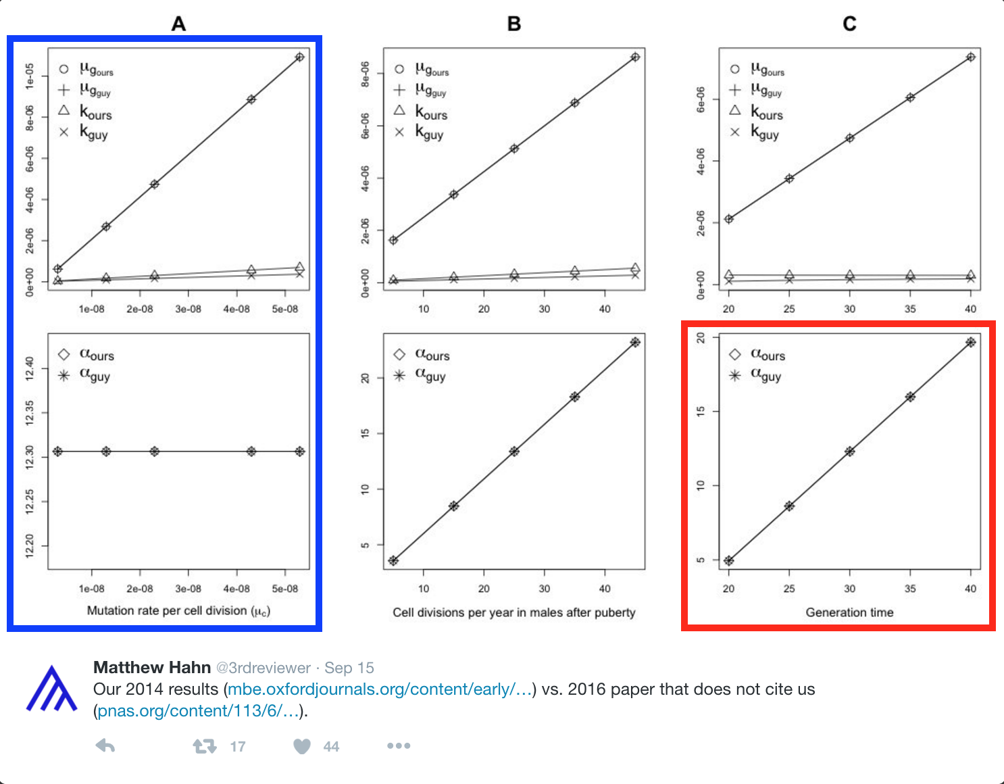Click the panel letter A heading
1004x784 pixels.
[x=178, y=24]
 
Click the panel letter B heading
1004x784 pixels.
[x=514, y=24]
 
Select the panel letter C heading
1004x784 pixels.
[x=849, y=24]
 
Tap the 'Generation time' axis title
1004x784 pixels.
[x=849, y=612]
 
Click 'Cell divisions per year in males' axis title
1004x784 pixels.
[x=513, y=612]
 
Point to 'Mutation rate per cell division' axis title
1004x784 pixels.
[x=178, y=611]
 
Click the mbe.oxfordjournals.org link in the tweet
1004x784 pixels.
[x=380, y=689]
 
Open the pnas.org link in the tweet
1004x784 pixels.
[x=198, y=711]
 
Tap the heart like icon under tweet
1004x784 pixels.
[x=302, y=746]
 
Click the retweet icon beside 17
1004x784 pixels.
[x=204, y=746]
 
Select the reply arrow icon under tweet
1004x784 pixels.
[x=105, y=746]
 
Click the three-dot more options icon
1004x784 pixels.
[x=399, y=746]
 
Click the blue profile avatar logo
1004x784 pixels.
[x=51, y=689]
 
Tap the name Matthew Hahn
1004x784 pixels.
[x=152, y=668]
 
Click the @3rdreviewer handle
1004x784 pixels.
[x=263, y=668]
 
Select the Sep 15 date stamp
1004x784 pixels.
[x=349, y=668]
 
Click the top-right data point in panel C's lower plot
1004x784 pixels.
[x=971, y=342]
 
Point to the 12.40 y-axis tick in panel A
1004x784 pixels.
[x=30, y=369]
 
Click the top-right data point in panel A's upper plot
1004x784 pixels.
[x=299, y=57]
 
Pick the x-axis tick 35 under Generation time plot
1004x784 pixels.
[x=910, y=589]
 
